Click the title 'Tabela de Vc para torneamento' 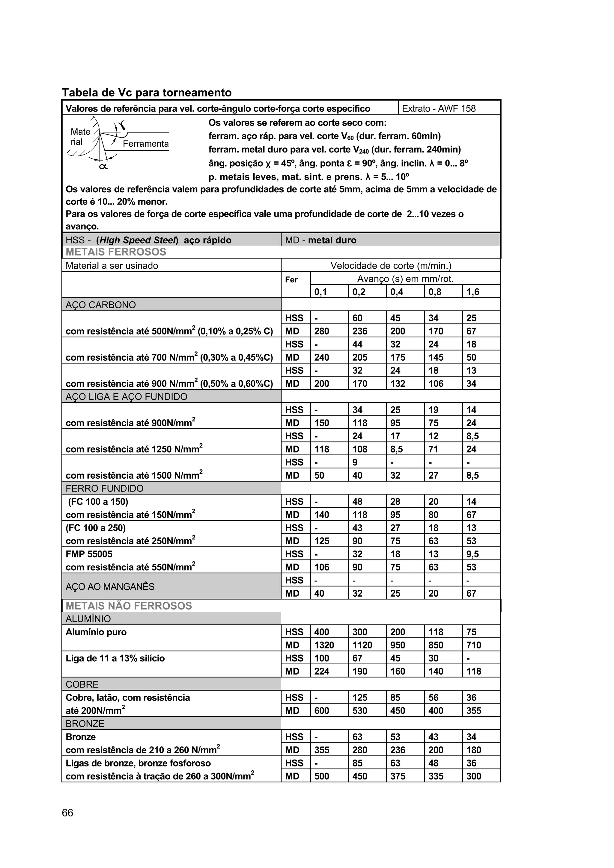147,93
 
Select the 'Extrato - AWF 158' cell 438,108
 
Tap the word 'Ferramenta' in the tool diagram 146,144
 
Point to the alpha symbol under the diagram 103,166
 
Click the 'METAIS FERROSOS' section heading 116,252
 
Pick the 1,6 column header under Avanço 472,292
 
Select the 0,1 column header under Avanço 320,292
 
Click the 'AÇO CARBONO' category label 101,305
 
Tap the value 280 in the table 322,331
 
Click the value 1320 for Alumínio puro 324,645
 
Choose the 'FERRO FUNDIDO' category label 104,489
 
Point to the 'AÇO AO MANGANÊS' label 110,587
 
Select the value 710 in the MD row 474,645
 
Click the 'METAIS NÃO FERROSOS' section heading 129,606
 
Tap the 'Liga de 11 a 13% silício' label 115,658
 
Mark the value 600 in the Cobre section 322,711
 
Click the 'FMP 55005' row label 89,554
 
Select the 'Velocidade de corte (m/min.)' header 391,265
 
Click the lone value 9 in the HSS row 355,462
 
